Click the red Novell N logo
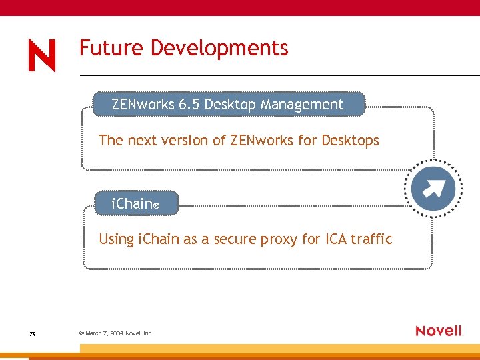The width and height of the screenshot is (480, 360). (42, 55)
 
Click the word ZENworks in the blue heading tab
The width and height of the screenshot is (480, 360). (143, 105)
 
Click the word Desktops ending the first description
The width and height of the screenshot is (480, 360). (350, 141)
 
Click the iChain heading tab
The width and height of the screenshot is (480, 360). (136, 204)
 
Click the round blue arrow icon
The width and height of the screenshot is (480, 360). (433, 189)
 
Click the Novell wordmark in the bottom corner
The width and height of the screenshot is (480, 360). (439, 331)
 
